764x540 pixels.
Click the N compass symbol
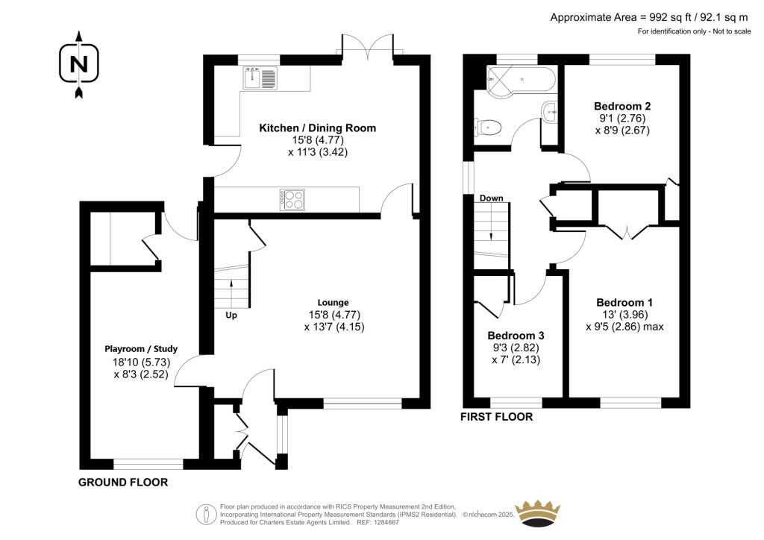(x=79, y=64)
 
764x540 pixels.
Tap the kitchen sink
(x=260, y=78)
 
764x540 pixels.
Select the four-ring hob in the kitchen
(x=292, y=200)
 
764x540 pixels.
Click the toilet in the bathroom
(x=488, y=128)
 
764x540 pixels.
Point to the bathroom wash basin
(x=550, y=113)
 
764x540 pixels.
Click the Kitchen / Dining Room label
(x=317, y=128)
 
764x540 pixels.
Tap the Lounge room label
(x=334, y=302)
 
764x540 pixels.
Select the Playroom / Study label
(x=141, y=348)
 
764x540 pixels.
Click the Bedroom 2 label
(x=622, y=106)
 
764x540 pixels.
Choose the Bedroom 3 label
(x=516, y=336)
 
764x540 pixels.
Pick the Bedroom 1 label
(x=624, y=302)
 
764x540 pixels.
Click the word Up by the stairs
(x=231, y=315)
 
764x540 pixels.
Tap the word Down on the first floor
(x=491, y=198)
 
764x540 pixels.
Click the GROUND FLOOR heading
(x=123, y=482)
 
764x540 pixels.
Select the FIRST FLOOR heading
(x=496, y=417)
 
